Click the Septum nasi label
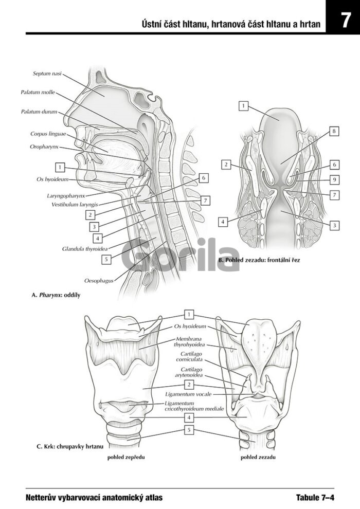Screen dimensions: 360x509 click(x=47, y=74)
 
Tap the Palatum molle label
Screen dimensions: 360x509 click(x=38, y=92)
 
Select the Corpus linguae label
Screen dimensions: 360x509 click(x=48, y=134)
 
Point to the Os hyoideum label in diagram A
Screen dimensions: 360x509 click(x=52, y=179)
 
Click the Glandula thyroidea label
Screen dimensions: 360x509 click(x=85, y=249)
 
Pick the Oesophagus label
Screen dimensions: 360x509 click(x=99, y=281)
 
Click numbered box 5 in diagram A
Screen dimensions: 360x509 click(x=106, y=259)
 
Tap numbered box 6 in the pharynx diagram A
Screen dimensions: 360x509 click(x=204, y=178)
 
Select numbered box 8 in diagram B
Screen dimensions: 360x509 click(x=334, y=132)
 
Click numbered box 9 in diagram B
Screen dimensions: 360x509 click(x=334, y=180)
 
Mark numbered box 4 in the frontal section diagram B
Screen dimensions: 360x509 click(x=223, y=222)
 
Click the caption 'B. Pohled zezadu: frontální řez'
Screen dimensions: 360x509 click(x=259, y=260)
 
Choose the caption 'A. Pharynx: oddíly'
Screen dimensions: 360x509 click(x=56, y=295)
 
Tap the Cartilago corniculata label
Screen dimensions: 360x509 click(x=189, y=357)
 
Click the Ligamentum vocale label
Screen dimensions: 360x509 click(x=188, y=394)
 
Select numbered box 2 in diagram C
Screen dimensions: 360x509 click(x=189, y=385)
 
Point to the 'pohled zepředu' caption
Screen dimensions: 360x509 click(x=126, y=458)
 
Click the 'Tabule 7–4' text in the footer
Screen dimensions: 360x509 click(x=315, y=497)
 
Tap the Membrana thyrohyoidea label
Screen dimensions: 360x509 click(x=189, y=342)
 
